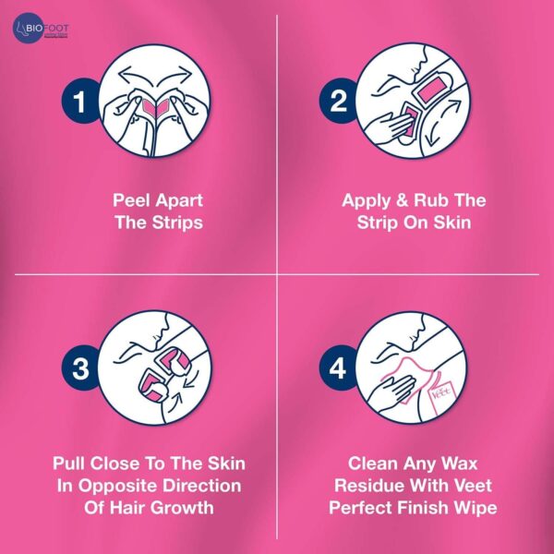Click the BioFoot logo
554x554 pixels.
coord(41,29)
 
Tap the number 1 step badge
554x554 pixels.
coord(79,101)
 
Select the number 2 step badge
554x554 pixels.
coord(337,101)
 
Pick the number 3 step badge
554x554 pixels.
coord(79,368)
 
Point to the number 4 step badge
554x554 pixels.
coord(337,368)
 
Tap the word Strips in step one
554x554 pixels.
coord(177,223)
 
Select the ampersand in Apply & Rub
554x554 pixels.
coord(402,200)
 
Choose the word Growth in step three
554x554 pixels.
coord(184,508)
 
